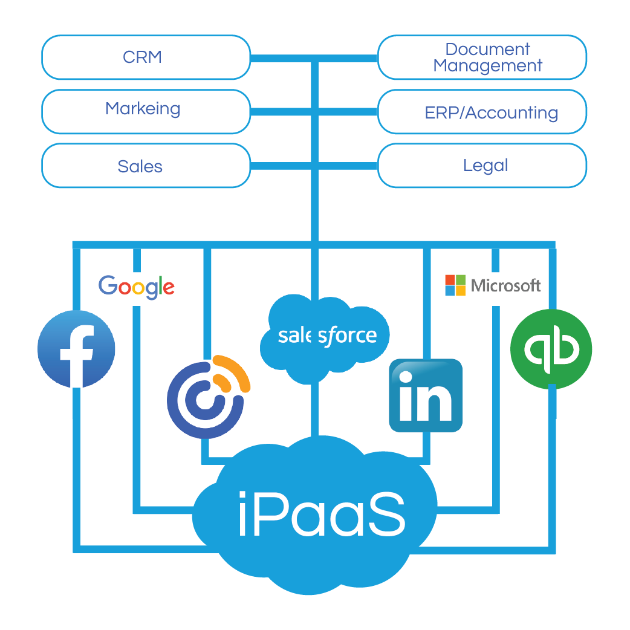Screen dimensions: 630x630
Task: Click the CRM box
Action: [x=145, y=57]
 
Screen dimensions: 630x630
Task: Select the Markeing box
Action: [x=145, y=111]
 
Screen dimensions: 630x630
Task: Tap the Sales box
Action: [x=145, y=166]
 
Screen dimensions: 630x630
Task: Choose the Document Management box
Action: [x=482, y=57]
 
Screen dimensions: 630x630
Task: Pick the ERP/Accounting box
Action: [x=482, y=112]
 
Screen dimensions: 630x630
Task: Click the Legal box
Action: [x=482, y=166]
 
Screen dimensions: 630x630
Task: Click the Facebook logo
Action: [x=76, y=349]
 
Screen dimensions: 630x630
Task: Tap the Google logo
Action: [x=137, y=287]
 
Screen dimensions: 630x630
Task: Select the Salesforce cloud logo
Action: [x=325, y=336]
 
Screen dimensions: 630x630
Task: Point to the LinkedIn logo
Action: [x=426, y=395]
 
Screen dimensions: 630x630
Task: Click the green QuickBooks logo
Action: [x=551, y=349]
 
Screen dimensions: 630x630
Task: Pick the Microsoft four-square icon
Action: [x=455, y=285]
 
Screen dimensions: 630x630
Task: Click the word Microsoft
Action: [x=505, y=285]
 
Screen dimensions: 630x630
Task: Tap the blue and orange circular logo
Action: [x=207, y=397]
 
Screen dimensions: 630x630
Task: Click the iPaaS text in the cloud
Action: [x=321, y=514]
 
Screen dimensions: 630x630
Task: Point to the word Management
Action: [x=488, y=66]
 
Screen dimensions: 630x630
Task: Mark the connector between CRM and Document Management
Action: [x=314, y=59]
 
